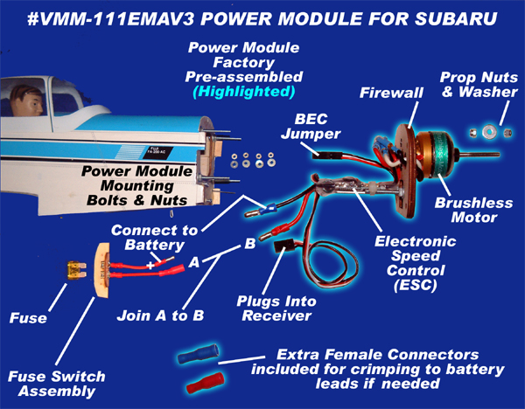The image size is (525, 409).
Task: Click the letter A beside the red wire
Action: pyautogui.click(x=194, y=260)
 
